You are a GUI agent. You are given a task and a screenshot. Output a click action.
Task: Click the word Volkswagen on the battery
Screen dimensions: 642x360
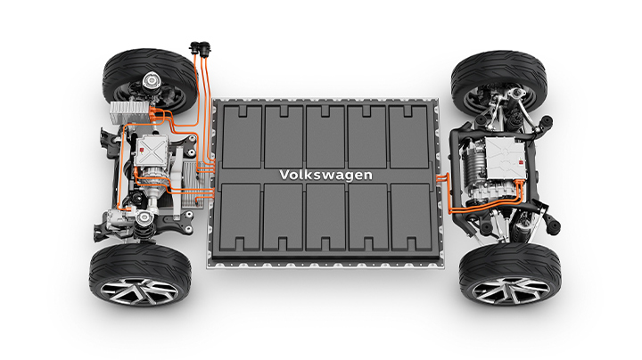tap(326, 175)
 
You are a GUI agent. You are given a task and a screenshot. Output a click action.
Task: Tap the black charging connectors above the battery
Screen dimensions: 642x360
tap(201, 48)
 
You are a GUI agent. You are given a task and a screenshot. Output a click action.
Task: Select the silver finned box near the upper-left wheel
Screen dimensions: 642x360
tap(129, 112)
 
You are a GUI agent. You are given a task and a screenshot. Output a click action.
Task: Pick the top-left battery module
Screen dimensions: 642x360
tap(243, 136)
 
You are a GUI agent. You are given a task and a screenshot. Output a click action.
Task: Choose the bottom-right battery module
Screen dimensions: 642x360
tap(411, 217)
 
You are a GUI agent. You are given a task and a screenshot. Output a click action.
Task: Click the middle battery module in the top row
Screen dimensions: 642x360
tap(325, 136)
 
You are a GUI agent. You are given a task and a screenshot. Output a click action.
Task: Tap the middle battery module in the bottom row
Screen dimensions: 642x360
tap(326, 217)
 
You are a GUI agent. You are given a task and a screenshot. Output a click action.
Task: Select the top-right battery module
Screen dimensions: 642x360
tap(408, 136)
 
